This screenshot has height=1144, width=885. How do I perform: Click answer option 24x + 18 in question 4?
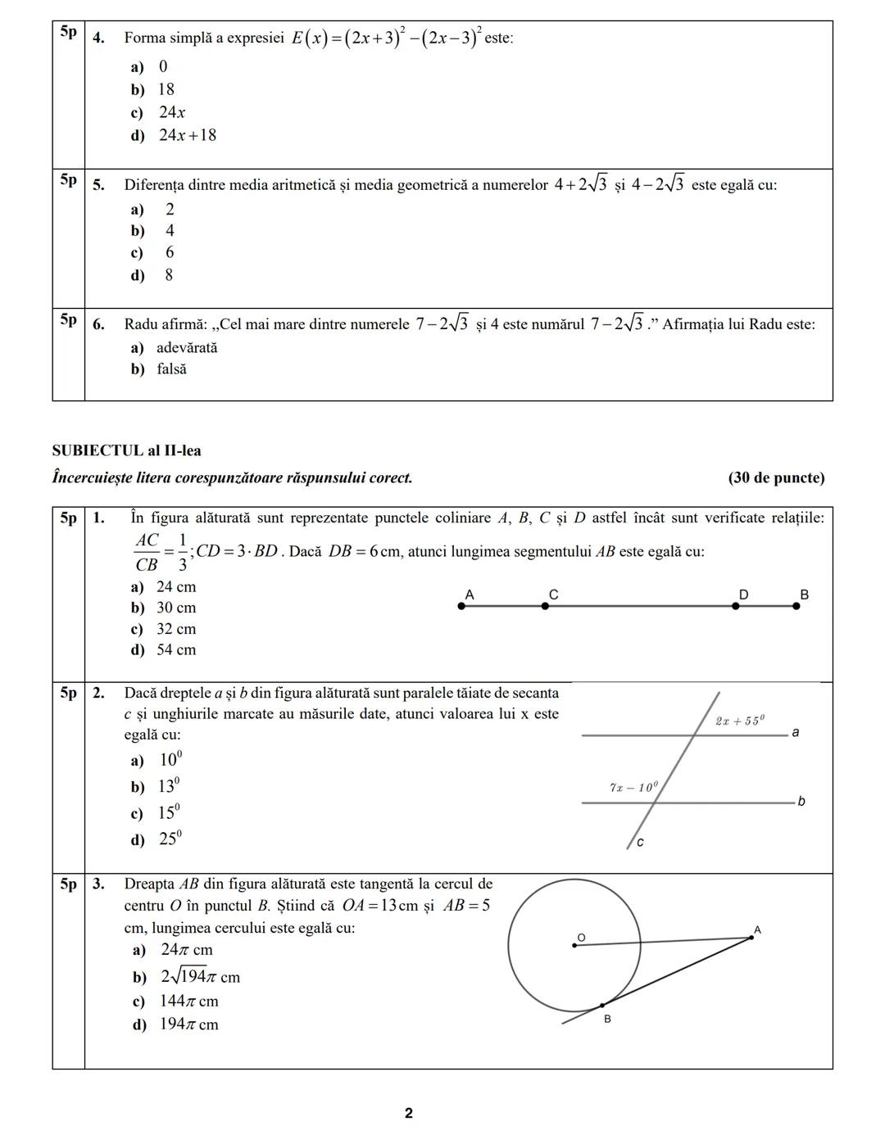(187, 136)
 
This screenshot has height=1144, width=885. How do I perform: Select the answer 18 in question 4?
(166, 90)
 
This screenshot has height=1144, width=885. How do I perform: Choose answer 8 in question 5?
(169, 276)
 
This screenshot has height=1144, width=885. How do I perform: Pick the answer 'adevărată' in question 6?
(187, 348)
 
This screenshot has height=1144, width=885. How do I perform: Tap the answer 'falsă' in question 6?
(171, 369)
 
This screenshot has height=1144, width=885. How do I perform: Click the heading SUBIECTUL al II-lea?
(126, 451)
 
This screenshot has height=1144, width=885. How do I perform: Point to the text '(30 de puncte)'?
(776, 478)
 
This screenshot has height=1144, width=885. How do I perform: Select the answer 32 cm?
(176, 630)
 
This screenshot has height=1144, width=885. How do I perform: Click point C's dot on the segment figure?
(545, 607)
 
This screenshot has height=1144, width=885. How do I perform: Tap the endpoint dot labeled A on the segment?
(461, 607)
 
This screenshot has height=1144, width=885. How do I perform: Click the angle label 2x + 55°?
(739, 721)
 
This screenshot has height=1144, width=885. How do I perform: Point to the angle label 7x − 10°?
(633, 788)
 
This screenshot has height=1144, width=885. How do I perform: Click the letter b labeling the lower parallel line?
(801, 802)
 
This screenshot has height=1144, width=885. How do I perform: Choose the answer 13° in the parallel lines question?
(168, 787)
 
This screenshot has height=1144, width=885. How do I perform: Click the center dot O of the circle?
(574, 946)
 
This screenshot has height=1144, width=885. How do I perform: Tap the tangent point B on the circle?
(602, 1006)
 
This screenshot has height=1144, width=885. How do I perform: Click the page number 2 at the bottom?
(409, 1114)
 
